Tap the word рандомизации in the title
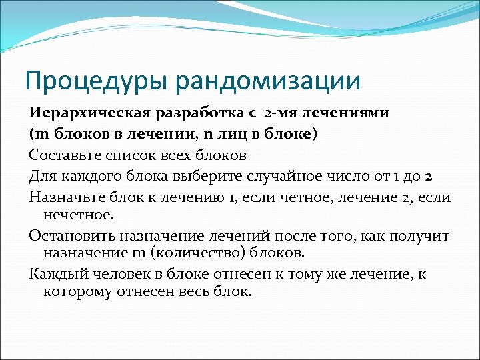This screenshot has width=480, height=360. [x=266, y=81]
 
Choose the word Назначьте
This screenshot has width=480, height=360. [x=64, y=198]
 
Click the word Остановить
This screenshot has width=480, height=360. [x=67, y=236]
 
